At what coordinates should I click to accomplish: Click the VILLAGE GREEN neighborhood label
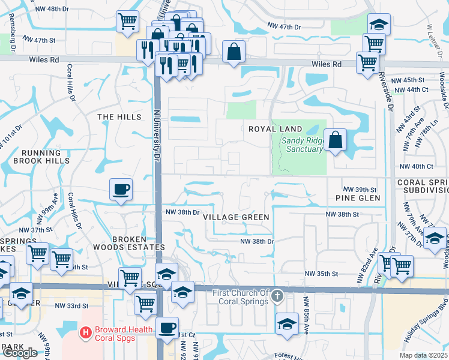click(x=236, y=217)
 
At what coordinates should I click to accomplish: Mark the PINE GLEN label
click(x=358, y=198)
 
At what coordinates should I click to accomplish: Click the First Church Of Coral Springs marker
click(x=277, y=296)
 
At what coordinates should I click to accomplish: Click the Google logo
click(x=20, y=353)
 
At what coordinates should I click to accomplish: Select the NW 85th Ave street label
click(x=306, y=315)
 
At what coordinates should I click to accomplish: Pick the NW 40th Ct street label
click(x=415, y=166)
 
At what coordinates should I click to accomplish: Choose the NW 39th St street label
click(x=359, y=189)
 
